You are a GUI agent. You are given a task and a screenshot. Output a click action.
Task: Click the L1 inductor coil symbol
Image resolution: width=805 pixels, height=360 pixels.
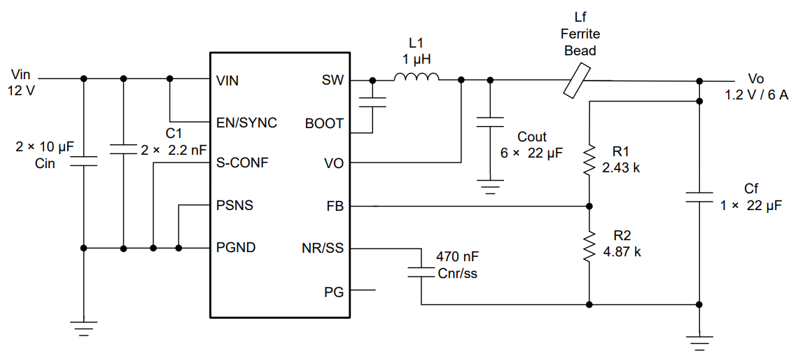(416, 78)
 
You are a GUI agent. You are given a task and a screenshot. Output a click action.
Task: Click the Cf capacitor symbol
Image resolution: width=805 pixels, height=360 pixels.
(699, 196)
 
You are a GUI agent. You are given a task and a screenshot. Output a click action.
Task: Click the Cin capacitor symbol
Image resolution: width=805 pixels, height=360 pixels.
(83, 162)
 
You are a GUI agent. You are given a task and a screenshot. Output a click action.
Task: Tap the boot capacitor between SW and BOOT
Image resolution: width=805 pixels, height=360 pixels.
(372, 102)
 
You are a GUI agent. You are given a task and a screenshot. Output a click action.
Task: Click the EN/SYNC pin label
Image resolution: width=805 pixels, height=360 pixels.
(246, 123)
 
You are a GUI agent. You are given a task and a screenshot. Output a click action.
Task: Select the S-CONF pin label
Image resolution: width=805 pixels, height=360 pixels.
(242, 164)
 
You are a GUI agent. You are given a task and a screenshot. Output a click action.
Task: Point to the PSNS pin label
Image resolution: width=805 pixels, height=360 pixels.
(235, 206)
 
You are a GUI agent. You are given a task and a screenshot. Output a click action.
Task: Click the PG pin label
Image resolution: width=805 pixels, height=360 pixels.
(334, 291)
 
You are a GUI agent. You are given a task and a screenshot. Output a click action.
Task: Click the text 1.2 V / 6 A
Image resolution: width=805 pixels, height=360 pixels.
(757, 95)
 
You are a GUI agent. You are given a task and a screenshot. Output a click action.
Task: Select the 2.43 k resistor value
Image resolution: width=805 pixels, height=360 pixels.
(622, 168)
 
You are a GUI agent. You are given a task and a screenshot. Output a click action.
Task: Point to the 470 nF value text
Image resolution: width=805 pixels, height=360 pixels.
(457, 257)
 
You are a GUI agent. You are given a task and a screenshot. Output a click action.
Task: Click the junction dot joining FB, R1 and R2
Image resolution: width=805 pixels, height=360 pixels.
(589, 207)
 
